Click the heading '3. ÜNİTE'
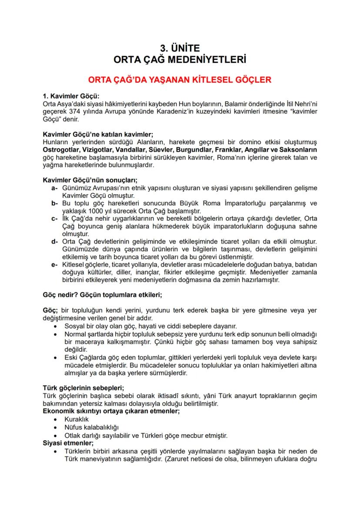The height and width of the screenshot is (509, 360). (180, 48)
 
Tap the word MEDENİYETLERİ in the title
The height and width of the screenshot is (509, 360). (210, 59)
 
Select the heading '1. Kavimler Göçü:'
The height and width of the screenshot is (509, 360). (71, 96)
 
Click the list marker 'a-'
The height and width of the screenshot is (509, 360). (54, 188)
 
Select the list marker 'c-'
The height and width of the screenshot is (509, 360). (54, 218)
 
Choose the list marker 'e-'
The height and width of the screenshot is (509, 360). (54, 264)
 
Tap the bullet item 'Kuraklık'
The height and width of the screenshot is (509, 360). (77, 419)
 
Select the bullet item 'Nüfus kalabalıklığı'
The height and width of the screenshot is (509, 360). (91, 427)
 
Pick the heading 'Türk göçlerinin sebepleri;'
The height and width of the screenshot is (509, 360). (83, 388)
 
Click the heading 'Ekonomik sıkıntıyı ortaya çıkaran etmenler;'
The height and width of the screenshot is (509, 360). (111, 411)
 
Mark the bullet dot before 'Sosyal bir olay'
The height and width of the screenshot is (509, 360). (55, 326)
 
